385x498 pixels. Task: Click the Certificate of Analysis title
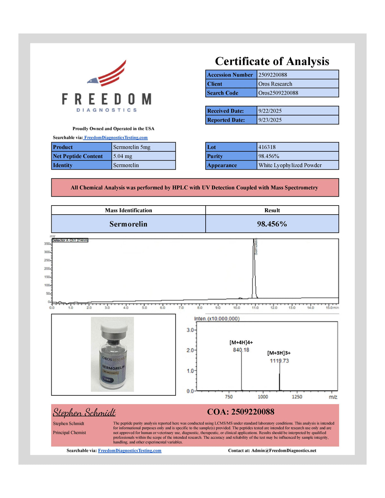[272, 61]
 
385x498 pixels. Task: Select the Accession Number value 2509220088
[273, 75]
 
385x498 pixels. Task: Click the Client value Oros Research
[275, 84]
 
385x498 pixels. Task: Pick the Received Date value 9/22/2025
[270, 111]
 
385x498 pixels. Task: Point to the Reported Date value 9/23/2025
[270, 120]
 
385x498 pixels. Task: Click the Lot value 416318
[267, 147]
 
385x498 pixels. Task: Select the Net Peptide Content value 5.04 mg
[123, 156]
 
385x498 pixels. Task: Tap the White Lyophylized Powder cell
[290, 165]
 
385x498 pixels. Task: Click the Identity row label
[63, 165]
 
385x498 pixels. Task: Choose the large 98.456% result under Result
[272, 224]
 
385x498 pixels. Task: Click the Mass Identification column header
[128, 210]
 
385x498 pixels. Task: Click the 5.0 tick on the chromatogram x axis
[144, 308]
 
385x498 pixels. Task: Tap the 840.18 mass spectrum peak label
[241, 350]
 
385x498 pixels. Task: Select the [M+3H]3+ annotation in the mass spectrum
[279, 353]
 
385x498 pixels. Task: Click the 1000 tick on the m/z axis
[263, 397]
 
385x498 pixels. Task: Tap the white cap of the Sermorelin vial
[114, 328]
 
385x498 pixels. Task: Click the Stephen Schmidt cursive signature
[84, 412]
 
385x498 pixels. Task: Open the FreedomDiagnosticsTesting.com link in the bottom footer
[130, 451]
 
